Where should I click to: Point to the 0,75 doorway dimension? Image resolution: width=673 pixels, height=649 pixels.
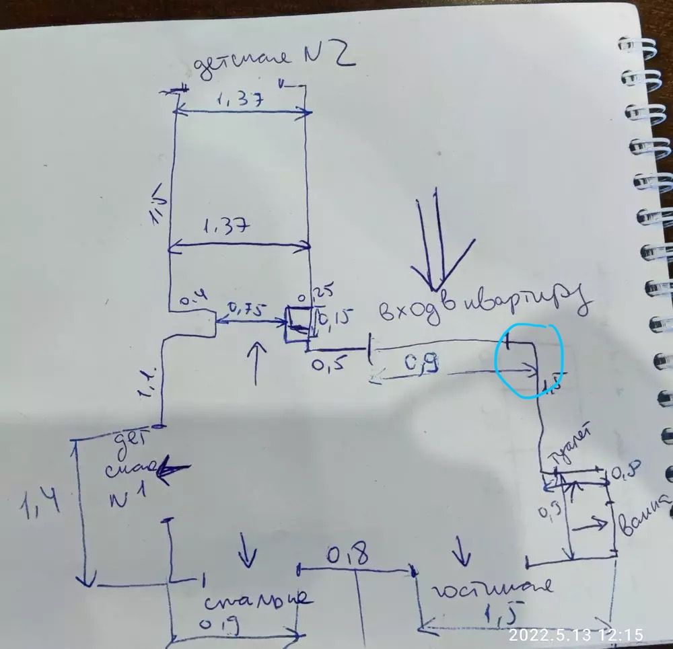[247, 310]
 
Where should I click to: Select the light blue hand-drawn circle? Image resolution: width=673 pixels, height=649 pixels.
[529, 360]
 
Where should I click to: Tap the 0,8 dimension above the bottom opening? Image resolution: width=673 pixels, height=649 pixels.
[347, 556]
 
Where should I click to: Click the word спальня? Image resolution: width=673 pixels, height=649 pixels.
[255, 598]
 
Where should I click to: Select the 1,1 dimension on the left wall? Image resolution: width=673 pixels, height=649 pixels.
[149, 386]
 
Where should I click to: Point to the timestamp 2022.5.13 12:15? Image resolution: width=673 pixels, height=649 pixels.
[575, 634]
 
